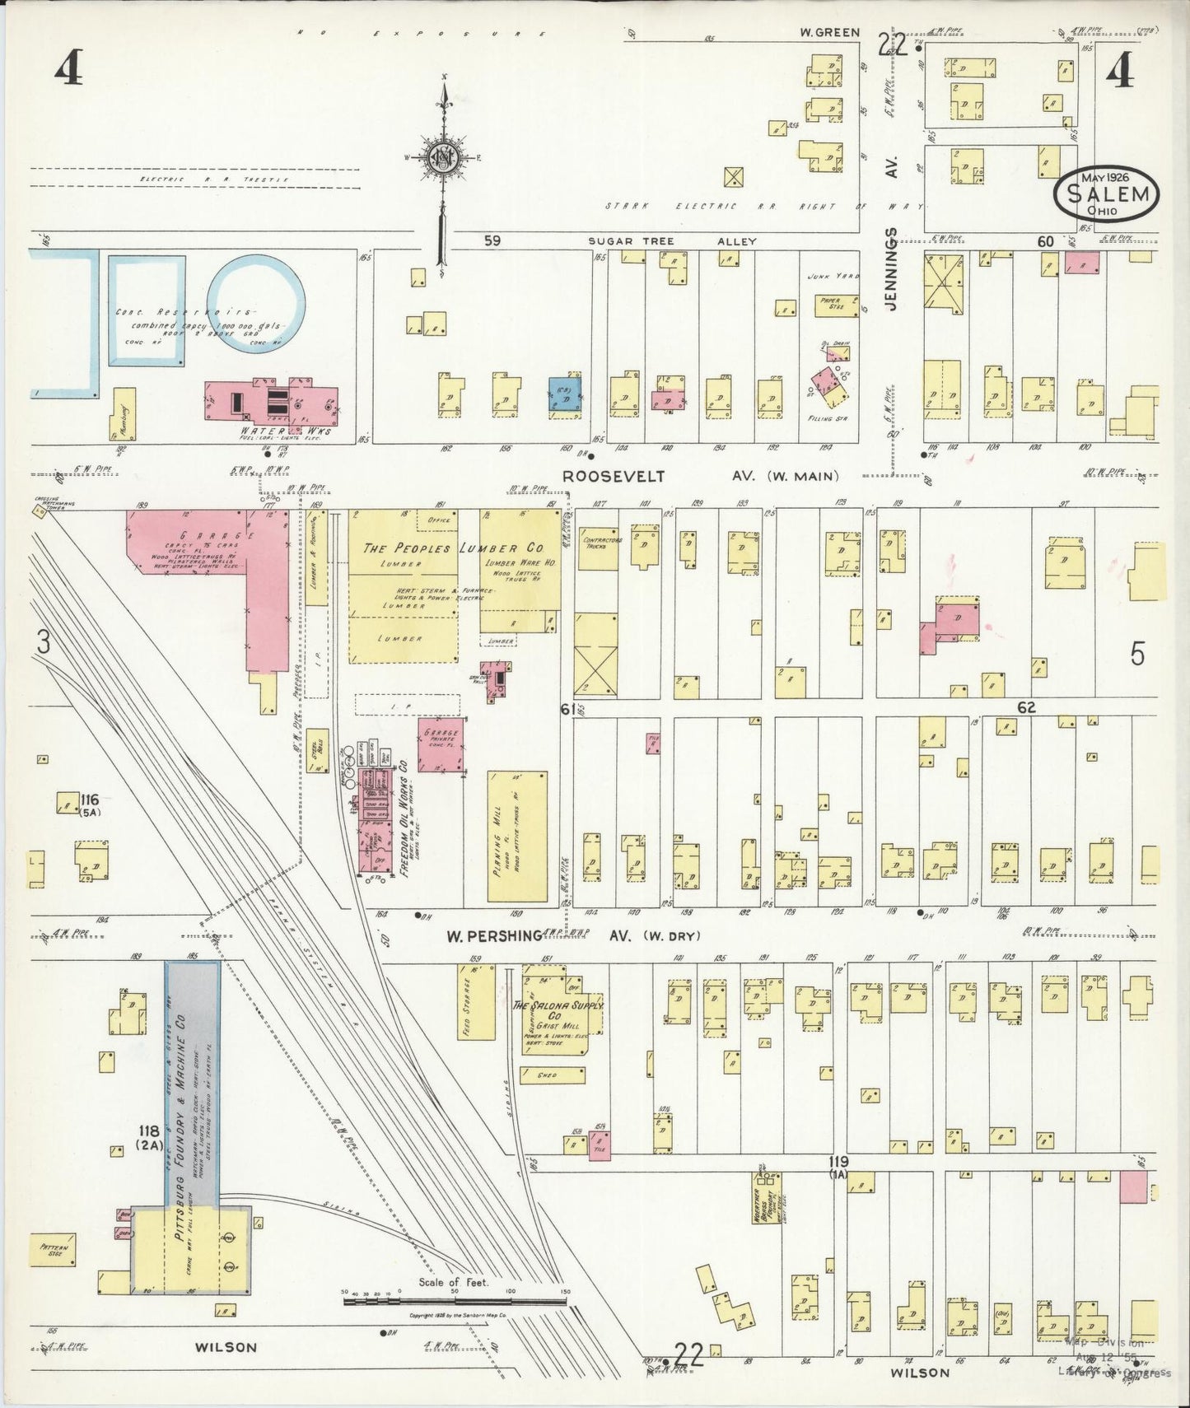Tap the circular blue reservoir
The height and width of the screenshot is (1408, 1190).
coord(255,303)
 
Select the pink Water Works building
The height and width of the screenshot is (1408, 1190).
coord(272,400)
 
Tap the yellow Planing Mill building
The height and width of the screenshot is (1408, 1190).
coord(517,837)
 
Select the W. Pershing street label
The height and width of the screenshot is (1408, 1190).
coord(494,936)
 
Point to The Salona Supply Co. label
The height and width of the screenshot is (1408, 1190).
coord(558,1011)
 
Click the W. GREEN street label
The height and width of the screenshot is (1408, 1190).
coord(829,33)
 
